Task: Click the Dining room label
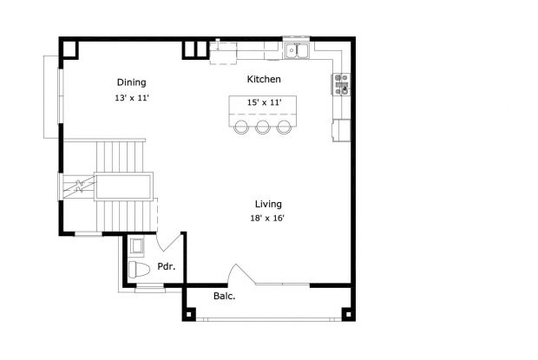pyautogui.click(x=131, y=82)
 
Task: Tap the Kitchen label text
pyautogui.click(x=264, y=79)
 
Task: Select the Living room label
pyautogui.click(x=268, y=204)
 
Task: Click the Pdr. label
pyautogui.click(x=167, y=266)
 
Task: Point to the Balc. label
pyautogui.click(x=225, y=296)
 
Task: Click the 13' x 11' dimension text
pyautogui.click(x=132, y=98)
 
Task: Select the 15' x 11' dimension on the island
pyautogui.click(x=264, y=102)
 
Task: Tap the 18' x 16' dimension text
pyautogui.click(x=267, y=218)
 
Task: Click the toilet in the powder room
pyautogui.click(x=139, y=270)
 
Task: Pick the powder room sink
pyautogui.click(x=137, y=246)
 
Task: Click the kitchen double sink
pyautogui.click(x=297, y=50)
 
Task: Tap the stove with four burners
pyautogui.click(x=342, y=84)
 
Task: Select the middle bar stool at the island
pyautogui.click(x=263, y=127)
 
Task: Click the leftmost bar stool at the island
pyautogui.click(x=241, y=127)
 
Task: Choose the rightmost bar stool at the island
pyautogui.click(x=284, y=127)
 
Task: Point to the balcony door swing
pyautogui.click(x=242, y=274)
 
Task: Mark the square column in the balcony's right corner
pyautogui.click(x=348, y=314)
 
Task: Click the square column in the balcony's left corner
pyautogui.click(x=188, y=314)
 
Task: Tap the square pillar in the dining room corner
pyautogui.click(x=70, y=49)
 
